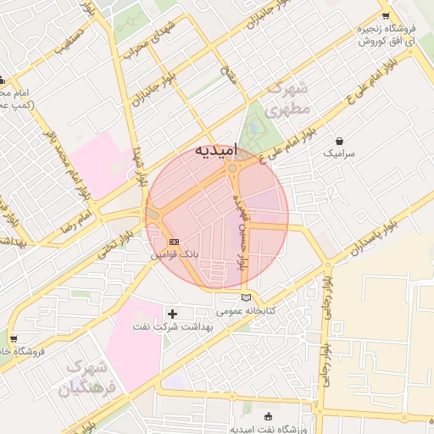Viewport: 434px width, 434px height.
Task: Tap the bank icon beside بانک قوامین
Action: click(x=174, y=242)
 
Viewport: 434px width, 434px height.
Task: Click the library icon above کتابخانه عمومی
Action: click(x=247, y=298)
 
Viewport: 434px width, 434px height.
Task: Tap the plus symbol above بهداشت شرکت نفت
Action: click(x=174, y=314)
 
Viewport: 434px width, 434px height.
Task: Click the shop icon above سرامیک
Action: click(x=340, y=141)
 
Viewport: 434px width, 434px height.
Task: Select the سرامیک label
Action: click(x=340, y=155)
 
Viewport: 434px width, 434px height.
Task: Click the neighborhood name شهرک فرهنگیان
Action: click(x=83, y=379)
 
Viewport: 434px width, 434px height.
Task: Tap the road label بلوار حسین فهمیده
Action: click(x=242, y=230)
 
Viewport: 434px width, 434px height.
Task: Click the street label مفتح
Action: click(x=229, y=75)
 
